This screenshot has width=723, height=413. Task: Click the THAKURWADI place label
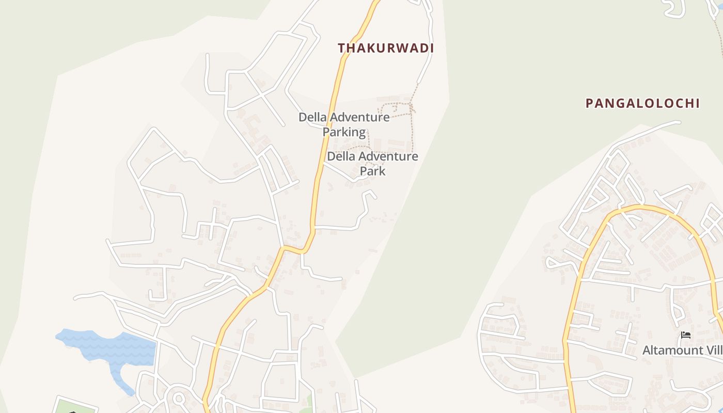click(x=386, y=48)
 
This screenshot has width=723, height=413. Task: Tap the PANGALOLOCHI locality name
click(x=642, y=103)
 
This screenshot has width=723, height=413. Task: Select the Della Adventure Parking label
click(x=344, y=124)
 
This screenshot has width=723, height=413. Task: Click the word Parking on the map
click(x=344, y=132)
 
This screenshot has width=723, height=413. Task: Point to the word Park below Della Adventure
click(x=372, y=171)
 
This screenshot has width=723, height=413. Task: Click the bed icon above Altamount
click(x=686, y=335)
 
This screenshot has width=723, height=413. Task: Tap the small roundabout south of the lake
click(x=179, y=399)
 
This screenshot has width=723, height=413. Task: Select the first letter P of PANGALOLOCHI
click(x=589, y=103)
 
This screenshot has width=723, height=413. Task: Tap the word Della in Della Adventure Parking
click(x=312, y=117)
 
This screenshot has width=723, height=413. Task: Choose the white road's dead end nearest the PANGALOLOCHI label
click(x=679, y=122)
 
